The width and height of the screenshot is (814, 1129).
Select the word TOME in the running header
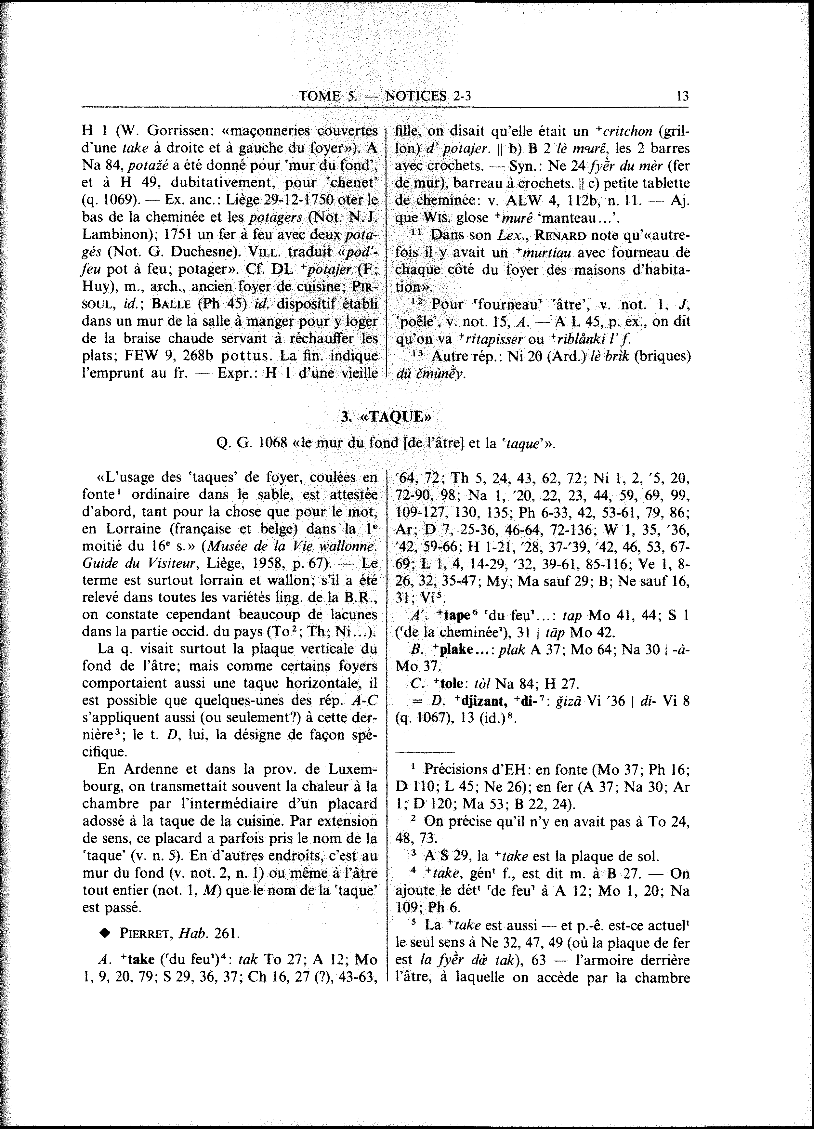coord(319,96)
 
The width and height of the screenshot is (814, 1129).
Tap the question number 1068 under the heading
coord(272,442)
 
